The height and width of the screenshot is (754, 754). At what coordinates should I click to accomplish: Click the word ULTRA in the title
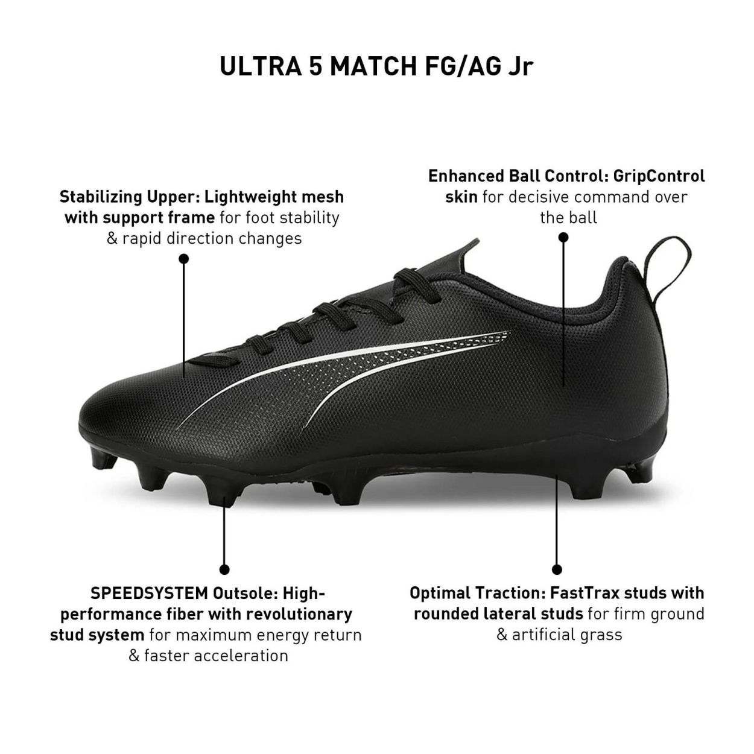260,66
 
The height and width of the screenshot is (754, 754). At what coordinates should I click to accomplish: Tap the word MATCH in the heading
374,66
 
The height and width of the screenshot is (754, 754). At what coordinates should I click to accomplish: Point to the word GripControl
659,177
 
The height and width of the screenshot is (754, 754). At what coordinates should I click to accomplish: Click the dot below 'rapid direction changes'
183,259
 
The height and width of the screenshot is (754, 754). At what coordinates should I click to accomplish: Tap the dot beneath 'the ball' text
563,237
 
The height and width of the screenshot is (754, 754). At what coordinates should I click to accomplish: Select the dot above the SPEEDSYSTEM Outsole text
224,569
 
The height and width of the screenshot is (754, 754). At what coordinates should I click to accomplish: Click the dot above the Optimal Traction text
557,569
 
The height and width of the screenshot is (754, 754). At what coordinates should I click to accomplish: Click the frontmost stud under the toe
103,458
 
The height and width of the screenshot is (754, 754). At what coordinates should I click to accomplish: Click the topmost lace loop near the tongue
415,282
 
